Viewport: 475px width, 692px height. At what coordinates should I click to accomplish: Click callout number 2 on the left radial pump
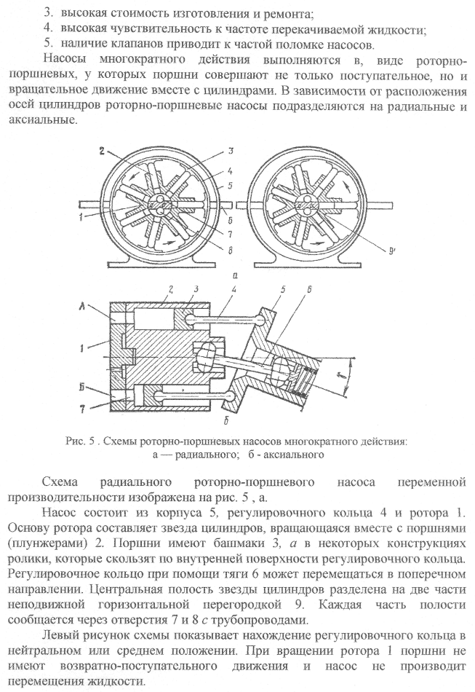click(x=103, y=152)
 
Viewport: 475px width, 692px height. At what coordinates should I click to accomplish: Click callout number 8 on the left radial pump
click(x=230, y=251)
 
